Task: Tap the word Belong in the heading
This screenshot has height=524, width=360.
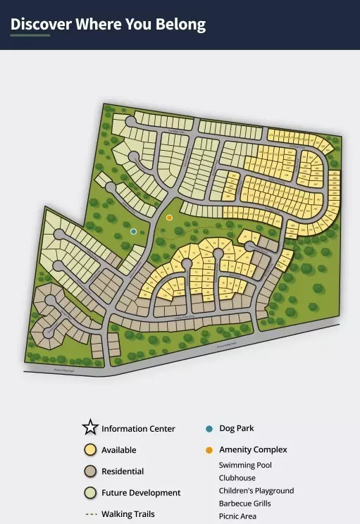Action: coord(182,25)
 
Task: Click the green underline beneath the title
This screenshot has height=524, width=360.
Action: coord(30,35)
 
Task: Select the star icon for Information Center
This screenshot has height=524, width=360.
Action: coord(89,428)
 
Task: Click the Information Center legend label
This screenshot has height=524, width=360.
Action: coord(138,428)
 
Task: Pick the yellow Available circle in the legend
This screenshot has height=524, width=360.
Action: coord(89,449)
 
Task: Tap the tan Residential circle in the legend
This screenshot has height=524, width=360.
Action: coord(89,471)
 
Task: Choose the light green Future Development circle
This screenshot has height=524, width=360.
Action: coord(89,492)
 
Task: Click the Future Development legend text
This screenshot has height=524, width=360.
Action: coord(141,492)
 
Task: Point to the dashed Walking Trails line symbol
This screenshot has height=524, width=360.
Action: coord(90,514)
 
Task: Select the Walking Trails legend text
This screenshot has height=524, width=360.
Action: coord(128,514)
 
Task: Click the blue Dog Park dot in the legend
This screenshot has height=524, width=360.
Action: coord(209,428)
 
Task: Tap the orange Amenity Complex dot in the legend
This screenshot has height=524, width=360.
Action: coord(209,449)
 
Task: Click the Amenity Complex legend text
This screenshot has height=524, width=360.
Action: coord(253,449)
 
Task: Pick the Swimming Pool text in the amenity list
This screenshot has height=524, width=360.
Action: coord(245,465)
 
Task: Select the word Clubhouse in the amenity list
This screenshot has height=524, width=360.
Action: coord(237,478)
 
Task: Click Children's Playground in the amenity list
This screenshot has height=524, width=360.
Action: coord(256,490)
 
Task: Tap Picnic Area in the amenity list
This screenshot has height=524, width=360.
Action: coord(237,516)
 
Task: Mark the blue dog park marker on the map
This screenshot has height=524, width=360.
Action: coord(134,231)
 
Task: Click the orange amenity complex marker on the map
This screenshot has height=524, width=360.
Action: coord(169,218)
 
